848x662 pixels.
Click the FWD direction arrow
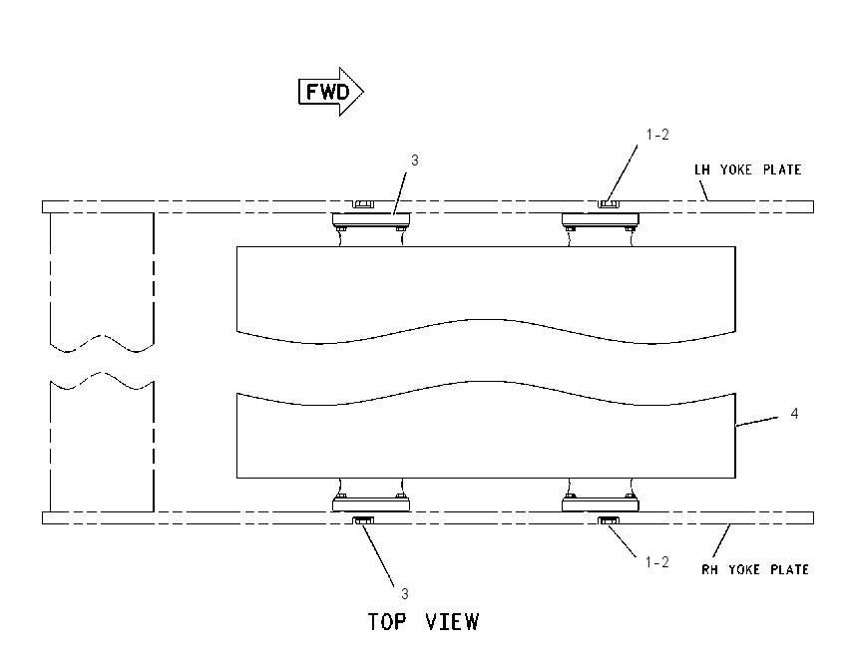331,92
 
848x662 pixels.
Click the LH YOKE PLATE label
747,169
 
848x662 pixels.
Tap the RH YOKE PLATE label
755,569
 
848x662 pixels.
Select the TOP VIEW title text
423,622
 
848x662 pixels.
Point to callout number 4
794,414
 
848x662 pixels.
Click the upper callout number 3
414,161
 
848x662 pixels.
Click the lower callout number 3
404,594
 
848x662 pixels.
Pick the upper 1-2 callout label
657,135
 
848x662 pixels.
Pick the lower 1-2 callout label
657,562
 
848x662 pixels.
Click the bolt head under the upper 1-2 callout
609,203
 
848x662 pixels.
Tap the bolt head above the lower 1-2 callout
609,520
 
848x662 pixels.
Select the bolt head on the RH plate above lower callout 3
363,520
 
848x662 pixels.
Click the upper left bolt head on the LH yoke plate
363,203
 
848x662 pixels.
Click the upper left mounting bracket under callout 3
371,220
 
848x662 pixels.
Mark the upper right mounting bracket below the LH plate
601,220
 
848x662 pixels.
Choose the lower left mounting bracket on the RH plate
371,502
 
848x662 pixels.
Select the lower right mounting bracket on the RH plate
601,502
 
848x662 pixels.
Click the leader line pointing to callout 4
757,422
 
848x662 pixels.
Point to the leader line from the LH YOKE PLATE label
703,190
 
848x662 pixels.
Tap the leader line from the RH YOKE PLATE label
721,540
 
